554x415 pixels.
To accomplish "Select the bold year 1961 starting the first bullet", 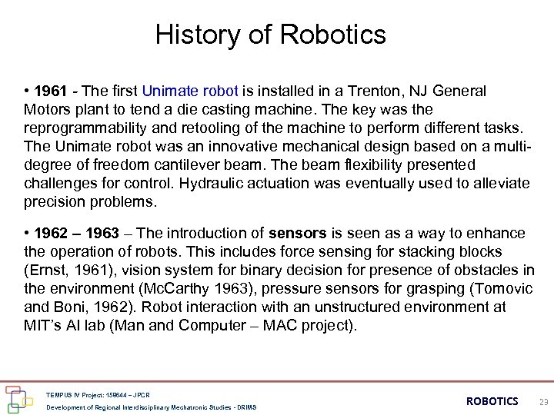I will [50, 91].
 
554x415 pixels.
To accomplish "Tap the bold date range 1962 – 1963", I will [78, 234].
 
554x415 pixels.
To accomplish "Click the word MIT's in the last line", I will [42, 326].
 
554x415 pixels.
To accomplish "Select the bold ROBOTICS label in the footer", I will [492, 401].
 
